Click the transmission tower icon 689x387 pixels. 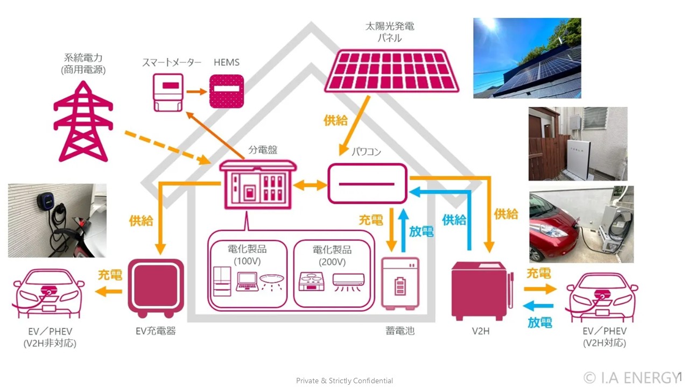pos(83,121)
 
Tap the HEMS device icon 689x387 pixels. pos(227,91)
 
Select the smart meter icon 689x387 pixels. pos(168,92)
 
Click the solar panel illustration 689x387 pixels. pos(391,71)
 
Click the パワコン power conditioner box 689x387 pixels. pos(367,184)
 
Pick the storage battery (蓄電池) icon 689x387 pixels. pos(400,283)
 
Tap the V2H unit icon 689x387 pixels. pos(482,291)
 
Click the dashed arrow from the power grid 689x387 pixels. pos(167,148)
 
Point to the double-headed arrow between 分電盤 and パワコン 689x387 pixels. pos(310,185)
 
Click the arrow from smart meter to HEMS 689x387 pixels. pos(196,91)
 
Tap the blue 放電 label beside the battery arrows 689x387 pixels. pos(421,231)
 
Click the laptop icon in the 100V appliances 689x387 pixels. pos(247,282)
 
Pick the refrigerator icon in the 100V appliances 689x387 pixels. pos(222,281)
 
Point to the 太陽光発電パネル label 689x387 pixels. pos(390,32)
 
